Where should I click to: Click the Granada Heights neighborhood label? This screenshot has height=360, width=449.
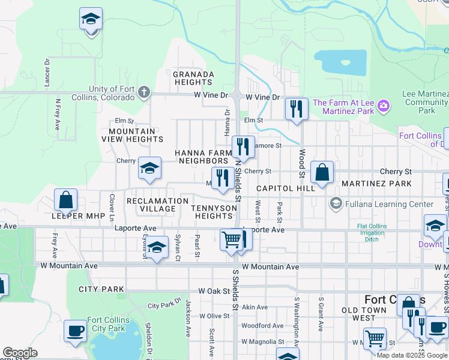click(193, 78)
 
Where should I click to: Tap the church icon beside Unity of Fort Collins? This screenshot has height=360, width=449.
click(143, 92)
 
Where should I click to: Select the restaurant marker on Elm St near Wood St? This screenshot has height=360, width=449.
click(296, 109)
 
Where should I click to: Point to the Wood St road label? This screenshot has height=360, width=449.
click(303, 163)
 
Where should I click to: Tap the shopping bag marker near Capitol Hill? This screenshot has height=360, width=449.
click(322, 172)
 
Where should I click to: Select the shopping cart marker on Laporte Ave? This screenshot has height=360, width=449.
click(231, 239)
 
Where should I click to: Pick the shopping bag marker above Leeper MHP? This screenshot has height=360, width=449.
click(65, 200)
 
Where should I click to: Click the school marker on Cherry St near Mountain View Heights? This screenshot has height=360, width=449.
click(149, 168)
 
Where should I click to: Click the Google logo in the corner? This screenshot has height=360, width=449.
click(20, 353)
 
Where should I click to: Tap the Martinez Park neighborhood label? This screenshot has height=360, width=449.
click(376, 183)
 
